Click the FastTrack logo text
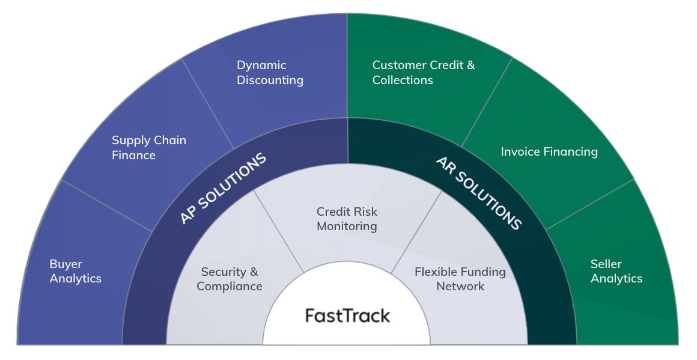click(x=347, y=316)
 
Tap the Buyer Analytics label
click(x=76, y=271)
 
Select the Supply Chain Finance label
click(x=149, y=148)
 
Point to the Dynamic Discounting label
click(x=270, y=73)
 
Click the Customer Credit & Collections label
click(x=423, y=73)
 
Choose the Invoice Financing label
click(x=549, y=151)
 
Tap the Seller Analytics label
click(x=616, y=271)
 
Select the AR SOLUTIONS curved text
click(x=478, y=193)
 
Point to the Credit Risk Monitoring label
click(x=347, y=219)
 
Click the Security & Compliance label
click(x=230, y=279)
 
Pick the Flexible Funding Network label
click(x=460, y=279)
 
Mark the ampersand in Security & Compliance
click(x=253, y=272)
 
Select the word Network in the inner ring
click(x=460, y=286)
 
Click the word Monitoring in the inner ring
click(x=347, y=227)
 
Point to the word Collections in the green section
click(x=403, y=81)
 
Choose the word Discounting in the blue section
click(x=270, y=81)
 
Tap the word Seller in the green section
click(x=606, y=264)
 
